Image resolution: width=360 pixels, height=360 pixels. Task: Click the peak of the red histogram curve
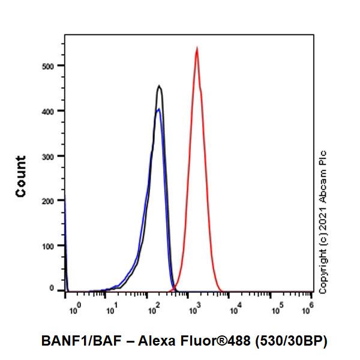(x=197, y=49)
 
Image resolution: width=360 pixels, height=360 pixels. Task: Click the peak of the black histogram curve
(x=159, y=86)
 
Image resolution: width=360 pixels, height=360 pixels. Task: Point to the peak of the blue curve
(x=158, y=109)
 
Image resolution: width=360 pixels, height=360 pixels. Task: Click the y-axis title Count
(x=21, y=176)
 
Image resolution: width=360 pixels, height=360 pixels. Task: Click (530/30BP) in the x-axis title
(x=292, y=341)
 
